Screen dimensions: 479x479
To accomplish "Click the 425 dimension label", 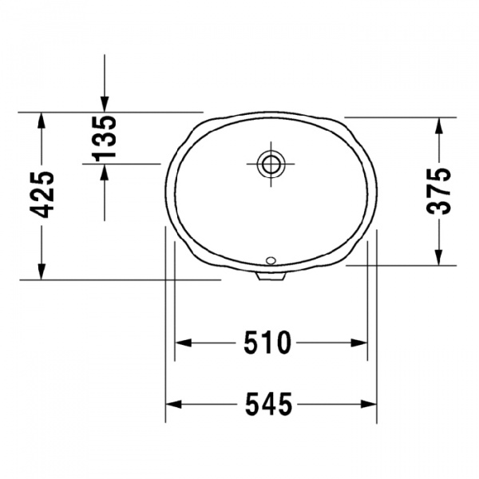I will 44,194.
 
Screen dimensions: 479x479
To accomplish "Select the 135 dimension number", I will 105,137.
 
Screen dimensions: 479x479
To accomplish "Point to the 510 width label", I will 267,343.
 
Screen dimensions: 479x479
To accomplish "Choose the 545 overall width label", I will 267,406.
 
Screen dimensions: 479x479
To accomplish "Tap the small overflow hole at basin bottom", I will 270,259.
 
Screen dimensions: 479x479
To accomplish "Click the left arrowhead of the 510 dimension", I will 183,343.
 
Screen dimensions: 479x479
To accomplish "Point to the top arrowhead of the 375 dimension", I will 439,125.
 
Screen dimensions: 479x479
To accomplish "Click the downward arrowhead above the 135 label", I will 105,103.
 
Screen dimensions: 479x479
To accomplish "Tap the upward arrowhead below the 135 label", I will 105,171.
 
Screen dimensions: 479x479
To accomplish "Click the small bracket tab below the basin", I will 271,277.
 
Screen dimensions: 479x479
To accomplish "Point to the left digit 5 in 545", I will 247,406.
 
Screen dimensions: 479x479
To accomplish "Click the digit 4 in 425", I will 44,210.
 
